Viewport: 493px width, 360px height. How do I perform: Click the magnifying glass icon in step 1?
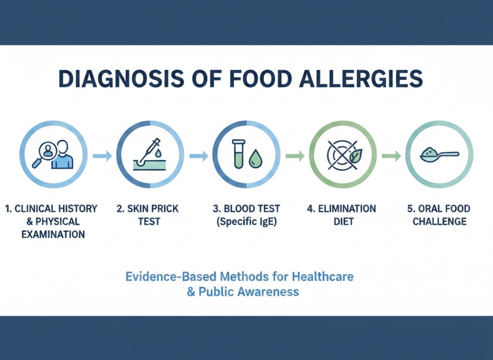click(x=44, y=154)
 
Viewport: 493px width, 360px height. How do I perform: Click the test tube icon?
click(x=238, y=154)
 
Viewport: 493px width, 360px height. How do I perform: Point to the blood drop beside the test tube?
click(x=255, y=159)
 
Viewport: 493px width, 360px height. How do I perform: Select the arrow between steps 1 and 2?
click(x=102, y=156)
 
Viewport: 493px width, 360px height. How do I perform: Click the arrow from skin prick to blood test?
click(x=199, y=156)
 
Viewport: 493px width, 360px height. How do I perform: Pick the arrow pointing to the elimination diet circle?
click(x=295, y=156)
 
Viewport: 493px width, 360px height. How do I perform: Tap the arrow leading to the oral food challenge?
click(x=391, y=156)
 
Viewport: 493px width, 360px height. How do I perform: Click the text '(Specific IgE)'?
click(x=246, y=222)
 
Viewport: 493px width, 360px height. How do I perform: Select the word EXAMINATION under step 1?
click(x=53, y=234)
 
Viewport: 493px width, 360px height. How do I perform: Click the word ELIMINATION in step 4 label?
click(x=347, y=208)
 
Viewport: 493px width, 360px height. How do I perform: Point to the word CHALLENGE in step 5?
click(x=439, y=222)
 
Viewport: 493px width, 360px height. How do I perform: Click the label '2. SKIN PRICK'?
click(x=148, y=208)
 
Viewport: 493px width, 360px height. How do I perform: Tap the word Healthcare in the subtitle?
click(x=323, y=276)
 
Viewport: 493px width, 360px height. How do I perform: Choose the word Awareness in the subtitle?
click(x=268, y=292)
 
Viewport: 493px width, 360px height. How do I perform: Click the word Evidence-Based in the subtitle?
click(x=171, y=276)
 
